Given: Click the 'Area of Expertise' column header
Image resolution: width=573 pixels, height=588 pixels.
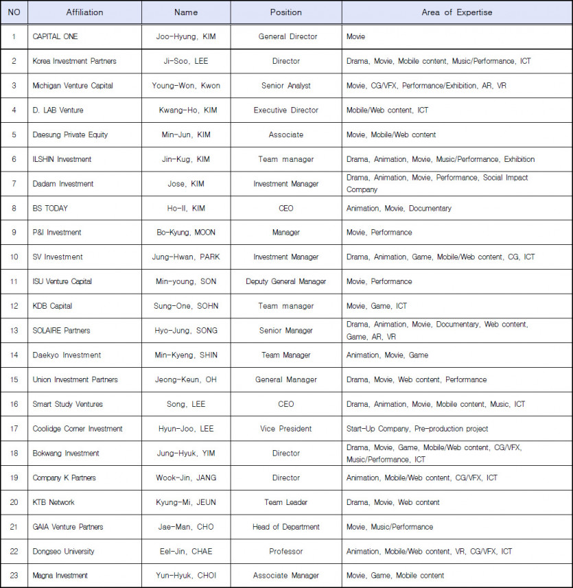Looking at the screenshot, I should pos(456,12).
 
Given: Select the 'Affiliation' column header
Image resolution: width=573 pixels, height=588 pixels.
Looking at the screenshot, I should pos(85,12).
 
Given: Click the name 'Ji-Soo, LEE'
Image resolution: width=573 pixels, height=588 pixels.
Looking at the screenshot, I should pos(185,61).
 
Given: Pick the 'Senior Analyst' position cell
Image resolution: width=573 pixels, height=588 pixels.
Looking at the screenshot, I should pos(285,86).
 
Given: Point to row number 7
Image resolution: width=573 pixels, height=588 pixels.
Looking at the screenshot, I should pos(14,184).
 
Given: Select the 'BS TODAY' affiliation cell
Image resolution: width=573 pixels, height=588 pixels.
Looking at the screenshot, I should pos(50,208).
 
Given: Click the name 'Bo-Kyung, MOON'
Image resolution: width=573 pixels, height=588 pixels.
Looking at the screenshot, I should pos(185,233).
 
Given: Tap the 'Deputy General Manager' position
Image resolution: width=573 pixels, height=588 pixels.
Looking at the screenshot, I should pos(285,281).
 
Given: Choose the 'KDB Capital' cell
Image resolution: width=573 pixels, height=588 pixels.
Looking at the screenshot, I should pos(52,306).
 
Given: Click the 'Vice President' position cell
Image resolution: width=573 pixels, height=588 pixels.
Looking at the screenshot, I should pos(285,429).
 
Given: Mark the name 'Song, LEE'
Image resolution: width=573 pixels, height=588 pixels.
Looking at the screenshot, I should pos(185,404).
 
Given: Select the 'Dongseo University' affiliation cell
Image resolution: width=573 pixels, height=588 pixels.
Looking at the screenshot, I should pos(64,552).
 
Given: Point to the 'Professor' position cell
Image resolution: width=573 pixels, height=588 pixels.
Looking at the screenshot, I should pos(285,552).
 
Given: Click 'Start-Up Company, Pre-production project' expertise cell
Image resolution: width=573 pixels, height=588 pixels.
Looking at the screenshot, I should pos(417,429).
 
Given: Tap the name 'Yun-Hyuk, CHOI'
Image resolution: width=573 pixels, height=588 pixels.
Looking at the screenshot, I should pos(185,576).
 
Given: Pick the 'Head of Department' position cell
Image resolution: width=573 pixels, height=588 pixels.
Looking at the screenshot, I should pos(285,527).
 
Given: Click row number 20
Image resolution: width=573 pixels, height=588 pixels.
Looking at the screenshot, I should pos(14,502).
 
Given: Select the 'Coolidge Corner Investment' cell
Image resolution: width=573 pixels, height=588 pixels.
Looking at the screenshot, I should pos(78,429).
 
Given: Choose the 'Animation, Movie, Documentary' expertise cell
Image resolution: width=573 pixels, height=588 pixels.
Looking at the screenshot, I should pos(399,208).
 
